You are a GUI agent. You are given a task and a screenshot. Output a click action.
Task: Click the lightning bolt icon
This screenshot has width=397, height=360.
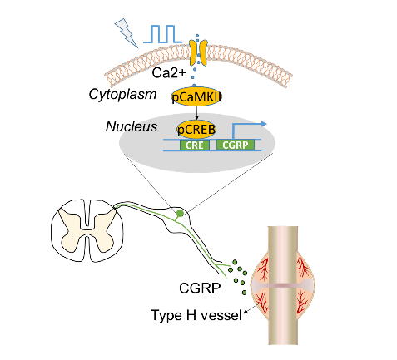(126, 32)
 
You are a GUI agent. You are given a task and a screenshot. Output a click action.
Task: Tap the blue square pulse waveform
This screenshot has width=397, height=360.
(162, 34)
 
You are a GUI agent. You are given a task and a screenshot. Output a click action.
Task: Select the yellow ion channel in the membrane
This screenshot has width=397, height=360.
(198, 53)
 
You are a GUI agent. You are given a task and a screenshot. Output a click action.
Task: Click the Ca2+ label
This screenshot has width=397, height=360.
(169, 73)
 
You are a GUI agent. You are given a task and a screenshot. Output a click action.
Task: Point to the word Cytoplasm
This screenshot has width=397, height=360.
(122, 95)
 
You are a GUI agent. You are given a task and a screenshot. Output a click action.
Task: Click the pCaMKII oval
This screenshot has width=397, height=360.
(196, 96)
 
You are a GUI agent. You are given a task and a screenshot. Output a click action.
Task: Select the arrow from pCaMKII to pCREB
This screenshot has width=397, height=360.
(196, 113)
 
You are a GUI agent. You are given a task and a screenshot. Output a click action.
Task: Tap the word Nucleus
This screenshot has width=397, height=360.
(132, 126)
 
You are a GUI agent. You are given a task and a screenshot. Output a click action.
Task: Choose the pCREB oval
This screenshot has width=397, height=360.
(196, 129)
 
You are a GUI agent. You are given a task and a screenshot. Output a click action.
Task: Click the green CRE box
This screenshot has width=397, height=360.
(195, 145)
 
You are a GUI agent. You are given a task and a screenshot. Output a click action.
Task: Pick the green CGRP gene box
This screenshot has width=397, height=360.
(236, 145)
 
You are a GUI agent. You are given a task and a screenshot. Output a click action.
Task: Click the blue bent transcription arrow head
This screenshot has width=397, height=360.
(264, 124)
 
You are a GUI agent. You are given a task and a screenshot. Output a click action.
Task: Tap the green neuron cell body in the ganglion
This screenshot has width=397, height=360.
(180, 213)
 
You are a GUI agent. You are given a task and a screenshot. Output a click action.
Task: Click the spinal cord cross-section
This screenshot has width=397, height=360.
(87, 230)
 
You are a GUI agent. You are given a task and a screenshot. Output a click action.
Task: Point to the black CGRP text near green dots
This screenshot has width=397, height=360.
(200, 288)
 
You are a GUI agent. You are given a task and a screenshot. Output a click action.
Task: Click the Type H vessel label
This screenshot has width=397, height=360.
(196, 315)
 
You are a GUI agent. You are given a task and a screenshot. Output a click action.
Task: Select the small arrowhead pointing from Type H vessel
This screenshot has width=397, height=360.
(246, 312)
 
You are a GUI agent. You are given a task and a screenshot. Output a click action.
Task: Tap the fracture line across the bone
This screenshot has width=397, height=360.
(283, 285)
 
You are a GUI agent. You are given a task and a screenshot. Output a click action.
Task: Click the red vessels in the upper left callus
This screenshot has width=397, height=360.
(263, 269)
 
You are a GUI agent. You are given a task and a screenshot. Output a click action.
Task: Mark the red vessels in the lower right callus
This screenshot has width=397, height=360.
(303, 302)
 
